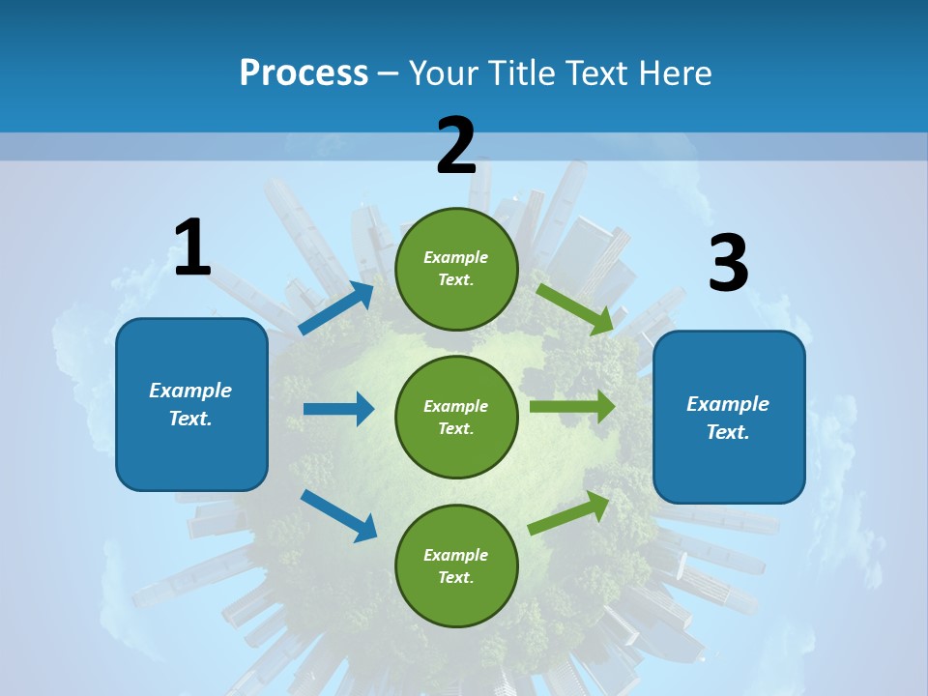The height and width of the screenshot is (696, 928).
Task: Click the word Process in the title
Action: pyautogui.click(x=304, y=72)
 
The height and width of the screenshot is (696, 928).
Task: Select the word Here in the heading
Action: pyautogui.click(x=674, y=72)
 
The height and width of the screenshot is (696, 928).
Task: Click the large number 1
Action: pyautogui.click(x=192, y=248)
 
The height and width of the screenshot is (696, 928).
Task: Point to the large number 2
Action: pyautogui.click(x=455, y=147)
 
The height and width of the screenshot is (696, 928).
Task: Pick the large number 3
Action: pyautogui.click(x=728, y=265)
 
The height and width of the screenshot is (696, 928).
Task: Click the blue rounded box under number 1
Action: pyautogui.click(x=191, y=404)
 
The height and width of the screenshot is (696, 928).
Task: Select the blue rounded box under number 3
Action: pyautogui.click(x=729, y=418)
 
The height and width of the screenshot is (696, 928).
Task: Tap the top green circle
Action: pyautogui.click(x=456, y=269)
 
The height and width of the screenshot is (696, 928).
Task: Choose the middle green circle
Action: pyautogui.click(x=456, y=417)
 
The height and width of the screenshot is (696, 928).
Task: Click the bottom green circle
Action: pyautogui.click(x=456, y=565)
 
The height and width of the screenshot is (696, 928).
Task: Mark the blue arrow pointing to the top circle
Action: pyautogui.click(x=335, y=307)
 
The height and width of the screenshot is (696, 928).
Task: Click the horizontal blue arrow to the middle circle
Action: pyautogui.click(x=338, y=409)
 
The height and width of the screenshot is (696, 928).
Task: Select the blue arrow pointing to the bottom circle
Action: pyautogui.click(x=338, y=515)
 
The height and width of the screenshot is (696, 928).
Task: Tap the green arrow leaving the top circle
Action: pyautogui.click(x=575, y=308)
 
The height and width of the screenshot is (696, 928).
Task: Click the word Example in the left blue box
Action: pyautogui.click(x=190, y=391)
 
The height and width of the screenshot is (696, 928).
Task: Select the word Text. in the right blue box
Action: pyautogui.click(x=728, y=432)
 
